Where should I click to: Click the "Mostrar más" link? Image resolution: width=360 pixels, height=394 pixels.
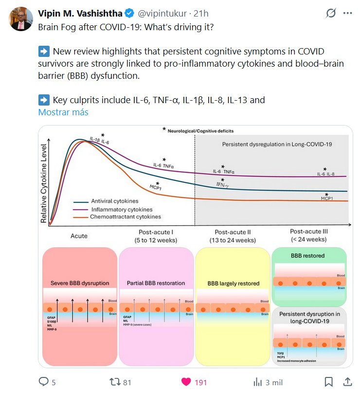[63, 112]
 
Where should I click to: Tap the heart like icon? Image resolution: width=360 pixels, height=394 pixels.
[186, 382]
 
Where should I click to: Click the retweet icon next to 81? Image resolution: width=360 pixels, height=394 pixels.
[115, 382]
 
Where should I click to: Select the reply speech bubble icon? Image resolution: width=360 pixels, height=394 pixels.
[44, 382]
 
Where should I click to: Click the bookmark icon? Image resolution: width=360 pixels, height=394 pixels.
[328, 382]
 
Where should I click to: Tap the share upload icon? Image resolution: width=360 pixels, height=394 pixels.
[348, 382]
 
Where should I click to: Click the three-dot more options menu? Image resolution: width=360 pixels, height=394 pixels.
[347, 14]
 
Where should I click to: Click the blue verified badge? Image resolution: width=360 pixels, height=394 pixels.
[129, 14]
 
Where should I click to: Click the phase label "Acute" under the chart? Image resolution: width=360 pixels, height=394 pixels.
[79, 236]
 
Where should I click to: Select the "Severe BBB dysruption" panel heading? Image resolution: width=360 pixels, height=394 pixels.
[80, 283]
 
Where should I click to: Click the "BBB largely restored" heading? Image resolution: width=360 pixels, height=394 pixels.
[234, 283]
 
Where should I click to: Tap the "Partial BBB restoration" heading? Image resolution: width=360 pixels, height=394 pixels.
[156, 283]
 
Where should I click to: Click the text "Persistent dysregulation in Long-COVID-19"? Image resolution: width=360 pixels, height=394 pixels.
[271, 144]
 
